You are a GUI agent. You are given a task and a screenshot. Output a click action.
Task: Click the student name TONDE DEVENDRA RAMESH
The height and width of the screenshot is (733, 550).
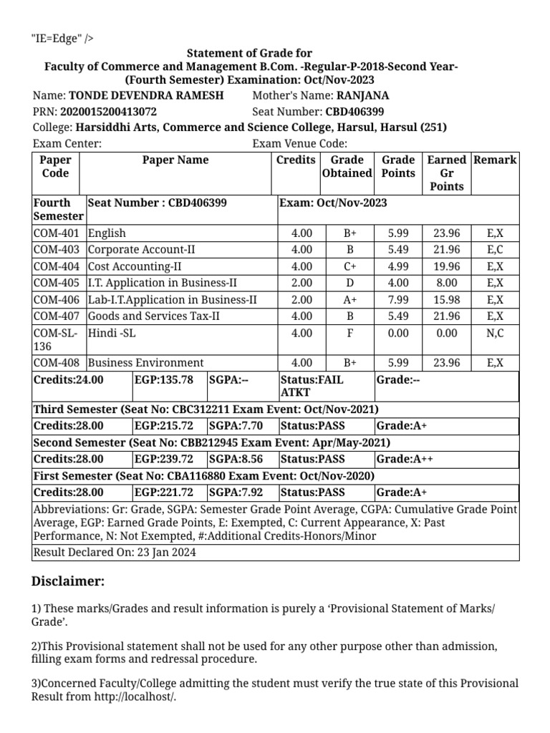145,95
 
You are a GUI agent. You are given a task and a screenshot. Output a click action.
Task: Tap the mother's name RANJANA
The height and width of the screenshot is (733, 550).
363,95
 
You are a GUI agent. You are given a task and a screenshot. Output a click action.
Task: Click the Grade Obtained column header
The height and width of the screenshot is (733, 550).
347,167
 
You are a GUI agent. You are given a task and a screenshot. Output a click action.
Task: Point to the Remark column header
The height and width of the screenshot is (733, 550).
495,160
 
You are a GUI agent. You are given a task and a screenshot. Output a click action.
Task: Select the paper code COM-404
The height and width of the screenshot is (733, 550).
57,266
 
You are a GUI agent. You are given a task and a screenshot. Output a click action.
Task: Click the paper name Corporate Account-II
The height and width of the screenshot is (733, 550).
141,250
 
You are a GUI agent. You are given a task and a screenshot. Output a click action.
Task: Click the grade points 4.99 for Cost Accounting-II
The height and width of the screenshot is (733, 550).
397,266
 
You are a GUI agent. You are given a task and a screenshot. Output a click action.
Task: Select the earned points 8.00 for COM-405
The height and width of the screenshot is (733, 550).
447,283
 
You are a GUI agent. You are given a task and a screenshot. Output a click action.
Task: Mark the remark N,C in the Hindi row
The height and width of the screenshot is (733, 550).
495,334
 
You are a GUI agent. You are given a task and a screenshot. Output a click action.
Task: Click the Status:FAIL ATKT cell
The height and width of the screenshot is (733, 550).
312,387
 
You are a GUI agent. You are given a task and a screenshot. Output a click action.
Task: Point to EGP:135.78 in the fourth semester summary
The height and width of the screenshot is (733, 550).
164,380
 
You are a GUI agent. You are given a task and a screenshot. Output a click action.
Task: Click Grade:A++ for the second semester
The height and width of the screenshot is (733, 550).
405,459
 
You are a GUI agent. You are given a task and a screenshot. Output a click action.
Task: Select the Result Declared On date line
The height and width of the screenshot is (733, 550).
115,553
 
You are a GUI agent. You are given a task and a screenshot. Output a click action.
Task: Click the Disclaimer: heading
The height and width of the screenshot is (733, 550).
68,581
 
